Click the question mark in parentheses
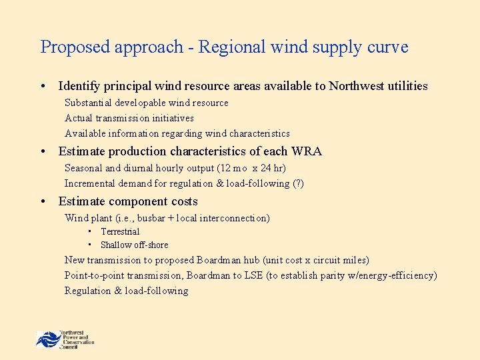point(297,183)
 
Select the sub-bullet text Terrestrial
point(120,231)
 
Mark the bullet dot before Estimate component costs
point(43,201)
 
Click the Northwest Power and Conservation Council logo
point(65,339)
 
